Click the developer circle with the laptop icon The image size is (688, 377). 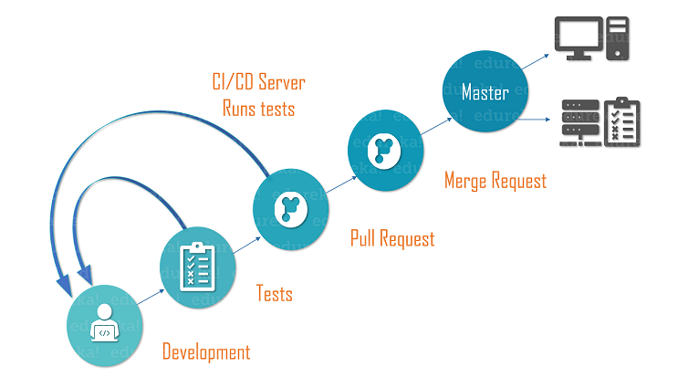106,326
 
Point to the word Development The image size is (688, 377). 205,351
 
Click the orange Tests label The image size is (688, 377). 274,293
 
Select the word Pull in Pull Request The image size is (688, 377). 366,239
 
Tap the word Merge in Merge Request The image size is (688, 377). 468,181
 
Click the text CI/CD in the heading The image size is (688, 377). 232,83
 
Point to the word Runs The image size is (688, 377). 241,108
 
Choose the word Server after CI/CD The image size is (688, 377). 282,83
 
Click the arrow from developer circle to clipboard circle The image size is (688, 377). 151,296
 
